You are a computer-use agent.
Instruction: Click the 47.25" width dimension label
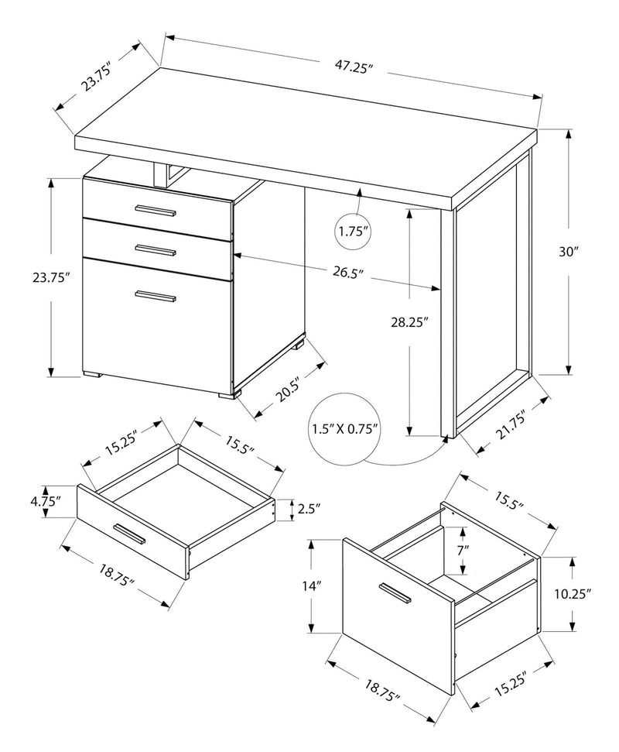pyautogui.click(x=354, y=67)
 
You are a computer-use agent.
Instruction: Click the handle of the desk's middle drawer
pyautogui.click(x=156, y=249)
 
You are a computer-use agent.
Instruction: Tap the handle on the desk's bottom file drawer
pyautogui.click(x=156, y=296)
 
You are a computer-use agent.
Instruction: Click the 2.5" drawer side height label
pyautogui.click(x=308, y=509)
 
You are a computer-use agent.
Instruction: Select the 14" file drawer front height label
pyautogui.click(x=312, y=586)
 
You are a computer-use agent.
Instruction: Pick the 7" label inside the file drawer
pyautogui.click(x=461, y=548)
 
